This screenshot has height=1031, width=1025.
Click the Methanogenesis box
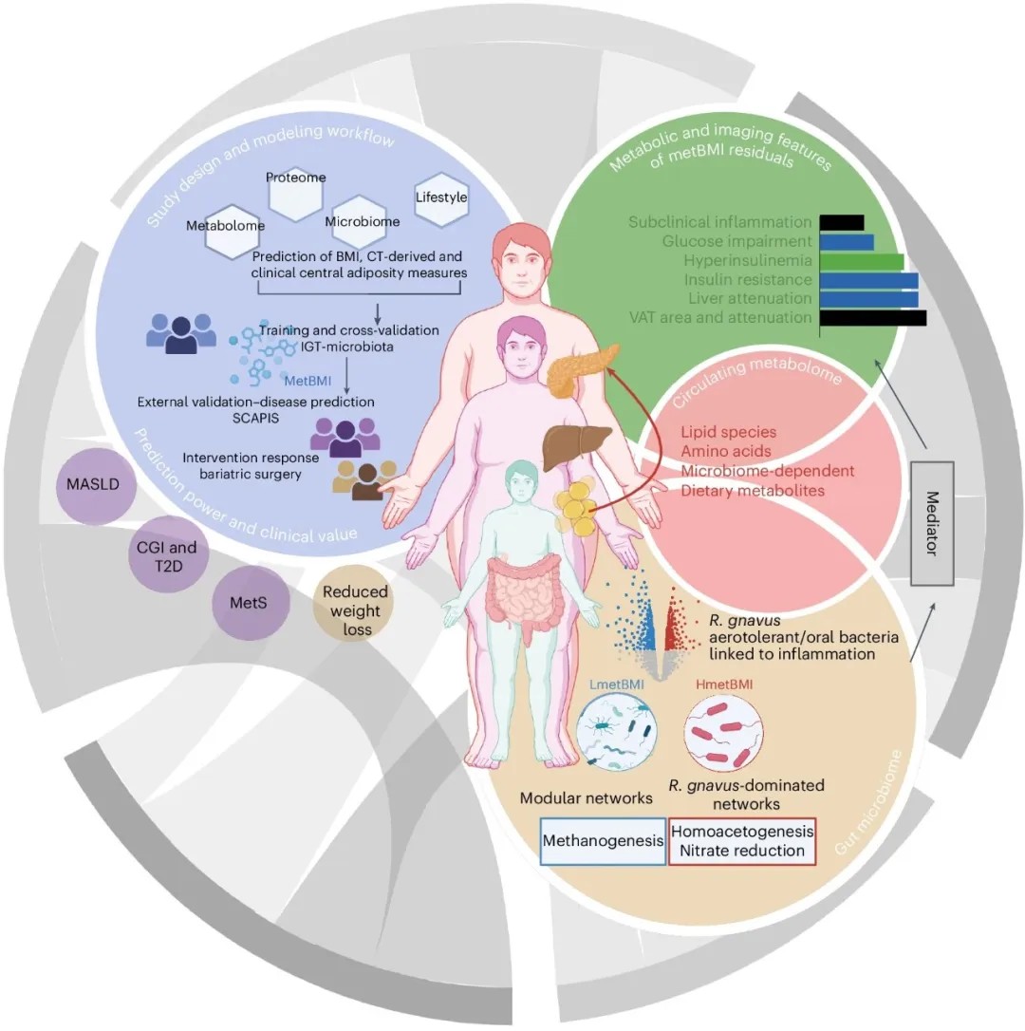pyautogui.click(x=603, y=840)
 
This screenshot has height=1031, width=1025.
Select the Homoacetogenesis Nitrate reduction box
pyautogui.click(x=742, y=840)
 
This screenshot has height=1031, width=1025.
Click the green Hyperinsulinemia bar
pyautogui.click(x=861, y=260)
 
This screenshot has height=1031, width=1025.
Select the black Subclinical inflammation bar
pyautogui.click(x=841, y=222)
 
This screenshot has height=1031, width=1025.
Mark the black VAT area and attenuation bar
pyautogui.click(x=872, y=317)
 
